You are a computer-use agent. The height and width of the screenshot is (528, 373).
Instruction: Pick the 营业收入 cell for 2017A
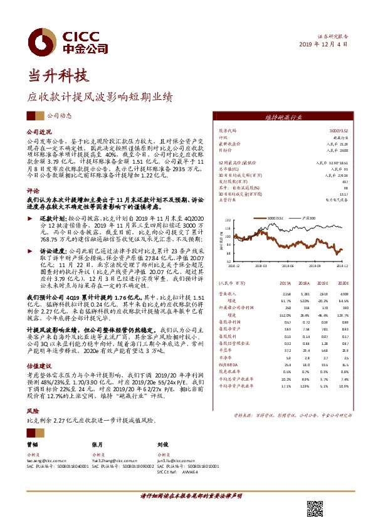coord(288,293)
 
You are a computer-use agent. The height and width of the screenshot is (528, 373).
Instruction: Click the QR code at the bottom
coord(314,508)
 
